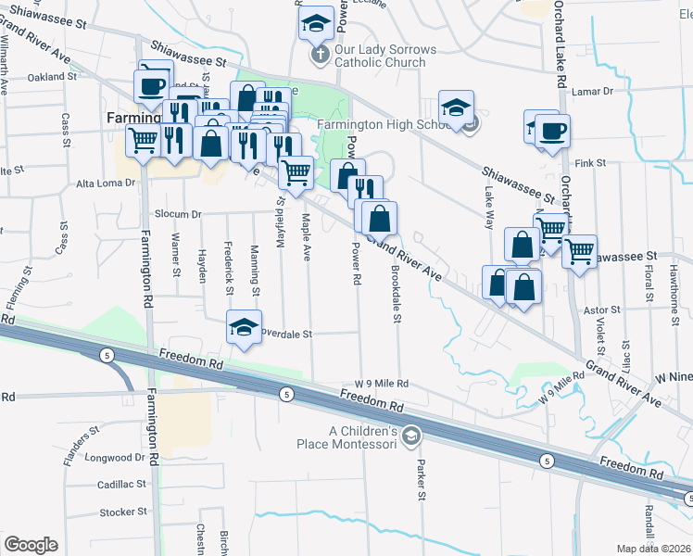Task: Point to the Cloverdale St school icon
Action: (x=243, y=327)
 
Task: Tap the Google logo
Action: (x=31, y=545)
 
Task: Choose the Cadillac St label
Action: (x=122, y=485)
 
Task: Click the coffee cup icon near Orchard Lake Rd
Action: (x=553, y=131)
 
